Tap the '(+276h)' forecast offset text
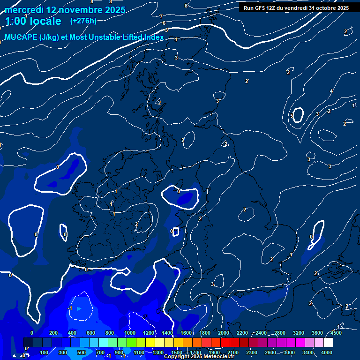(83, 21)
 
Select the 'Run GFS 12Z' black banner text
(296, 8)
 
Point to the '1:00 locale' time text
(33, 21)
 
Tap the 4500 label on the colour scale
(336, 333)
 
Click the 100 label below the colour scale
(45, 352)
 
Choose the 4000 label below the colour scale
(327, 352)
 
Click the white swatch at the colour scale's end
(328, 343)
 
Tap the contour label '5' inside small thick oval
(292, 116)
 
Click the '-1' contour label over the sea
(70, 308)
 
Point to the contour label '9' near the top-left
(26, 16)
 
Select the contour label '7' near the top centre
(161, 17)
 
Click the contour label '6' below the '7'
(164, 23)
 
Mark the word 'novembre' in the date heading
(80, 9)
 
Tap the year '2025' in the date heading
(112, 9)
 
